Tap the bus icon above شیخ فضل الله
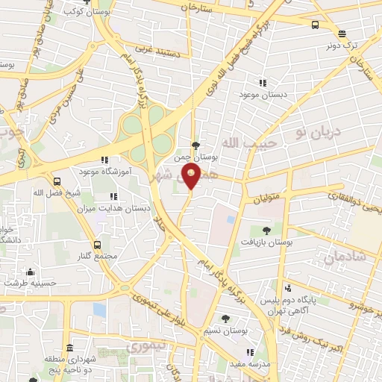point(57,181)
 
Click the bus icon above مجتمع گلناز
point(97,245)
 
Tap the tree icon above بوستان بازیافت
point(268,231)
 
